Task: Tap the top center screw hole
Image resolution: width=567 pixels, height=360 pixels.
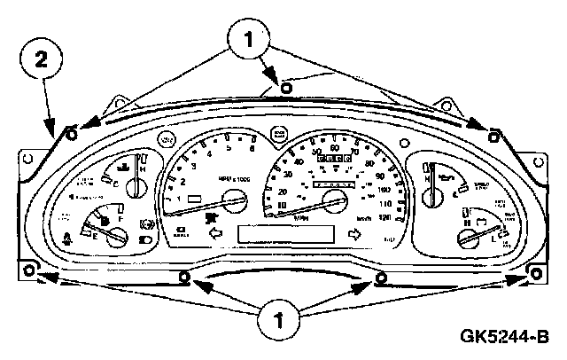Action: (x=285, y=87)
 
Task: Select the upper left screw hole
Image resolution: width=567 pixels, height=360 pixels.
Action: (x=71, y=134)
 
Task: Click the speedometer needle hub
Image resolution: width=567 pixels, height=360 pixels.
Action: (x=334, y=199)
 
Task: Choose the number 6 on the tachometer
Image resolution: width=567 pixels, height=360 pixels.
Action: (x=252, y=139)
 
